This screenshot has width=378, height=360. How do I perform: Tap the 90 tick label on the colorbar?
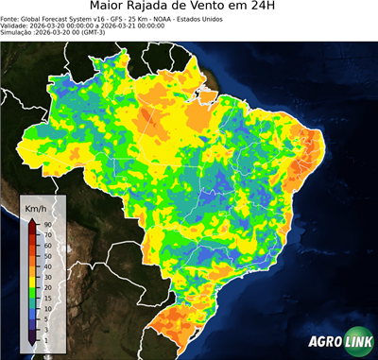click(47, 224)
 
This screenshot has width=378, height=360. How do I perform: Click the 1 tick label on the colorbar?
click(45, 338)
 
